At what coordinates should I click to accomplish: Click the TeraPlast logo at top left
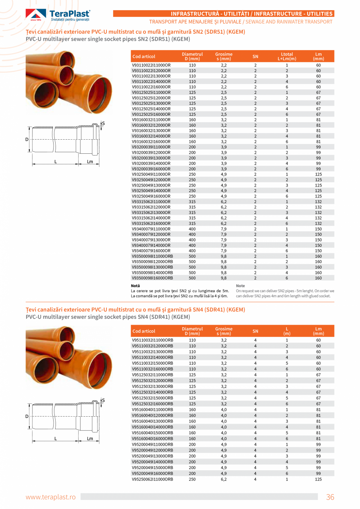click(x=58, y=15)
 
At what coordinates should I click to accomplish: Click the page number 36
click(x=330, y=497)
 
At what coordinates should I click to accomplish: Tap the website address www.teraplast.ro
click(x=50, y=497)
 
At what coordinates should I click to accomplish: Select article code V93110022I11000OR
click(x=151, y=65)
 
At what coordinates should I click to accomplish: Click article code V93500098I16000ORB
click(x=152, y=278)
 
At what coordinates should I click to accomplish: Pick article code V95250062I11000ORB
click(x=152, y=479)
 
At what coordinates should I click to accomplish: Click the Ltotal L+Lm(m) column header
click(x=287, y=56)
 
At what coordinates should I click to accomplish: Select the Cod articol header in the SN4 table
click(x=144, y=331)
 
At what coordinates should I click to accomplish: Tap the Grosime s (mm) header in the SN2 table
click(x=223, y=56)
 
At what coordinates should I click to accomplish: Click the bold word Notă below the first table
click(x=135, y=286)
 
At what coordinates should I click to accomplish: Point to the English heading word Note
click(x=241, y=286)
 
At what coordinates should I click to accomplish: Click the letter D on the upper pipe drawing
click(x=27, y=140)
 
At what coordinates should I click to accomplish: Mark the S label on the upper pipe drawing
click(x=103, y=124)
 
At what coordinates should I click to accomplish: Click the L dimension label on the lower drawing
click(x=56, y=438)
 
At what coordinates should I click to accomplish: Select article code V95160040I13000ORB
click(x=152, y=421)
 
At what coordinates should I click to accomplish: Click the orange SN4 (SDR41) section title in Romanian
click(x=135, y=309)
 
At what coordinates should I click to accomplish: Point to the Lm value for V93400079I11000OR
click(x=318, y=228)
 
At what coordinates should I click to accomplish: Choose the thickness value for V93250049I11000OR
click(x=223, y=174)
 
